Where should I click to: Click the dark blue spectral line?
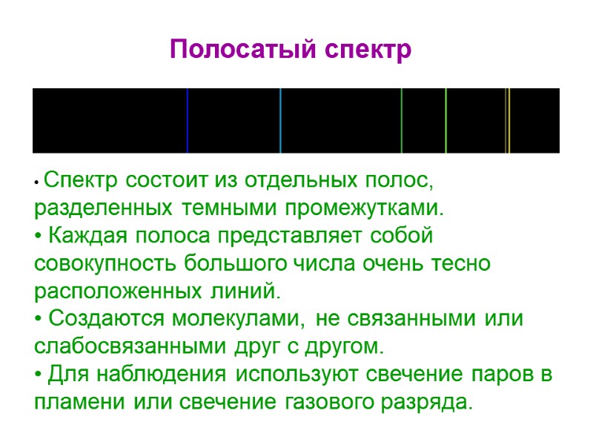(188, 120)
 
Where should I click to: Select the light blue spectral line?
(280, 120)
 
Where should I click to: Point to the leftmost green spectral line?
(402, 120)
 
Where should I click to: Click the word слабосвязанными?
(119, 346)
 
